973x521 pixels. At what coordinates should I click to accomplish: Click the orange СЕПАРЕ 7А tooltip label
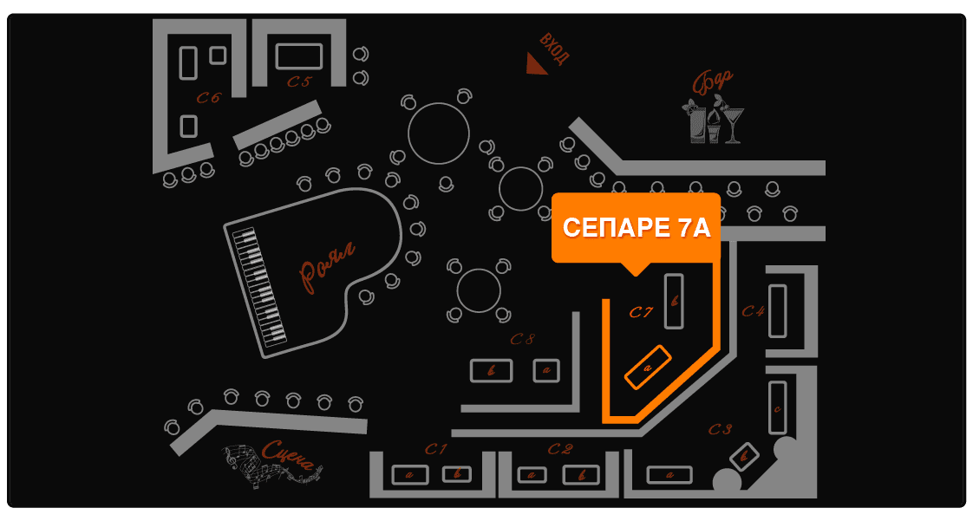(x=636, y=227)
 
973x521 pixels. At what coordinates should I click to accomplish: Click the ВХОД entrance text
(x=554, y=49)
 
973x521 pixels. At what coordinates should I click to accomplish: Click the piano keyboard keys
(x=259, y=285)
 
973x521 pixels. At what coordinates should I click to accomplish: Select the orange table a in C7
(x=648, y=368)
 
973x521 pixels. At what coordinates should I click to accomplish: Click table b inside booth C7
(x=674, y=301)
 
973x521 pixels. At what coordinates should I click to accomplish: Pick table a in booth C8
(x=546, y=370)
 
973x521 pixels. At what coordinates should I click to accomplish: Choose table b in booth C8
(x=491, y=370)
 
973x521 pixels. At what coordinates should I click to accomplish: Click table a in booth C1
(x=408, y=475)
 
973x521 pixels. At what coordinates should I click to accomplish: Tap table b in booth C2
(x=580, y=475)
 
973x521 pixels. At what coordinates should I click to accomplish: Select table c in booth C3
(x=777, y=407)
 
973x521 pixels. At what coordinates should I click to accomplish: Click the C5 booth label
(x=299, y=81)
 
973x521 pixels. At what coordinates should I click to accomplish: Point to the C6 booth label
(x=208, y=98)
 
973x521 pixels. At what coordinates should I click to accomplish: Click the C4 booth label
(x=752, y=310)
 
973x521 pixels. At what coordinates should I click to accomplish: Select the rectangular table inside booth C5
(x=299, y=56)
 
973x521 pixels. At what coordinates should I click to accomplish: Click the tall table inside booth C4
(x=777, y=310)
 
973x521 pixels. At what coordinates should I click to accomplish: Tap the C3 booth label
(x=721, y=428)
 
